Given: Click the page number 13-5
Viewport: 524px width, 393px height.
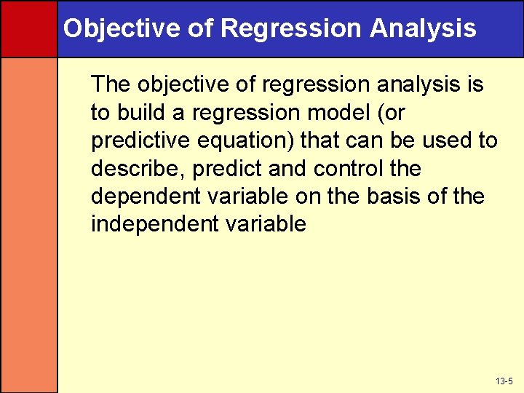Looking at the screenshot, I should point(504,381).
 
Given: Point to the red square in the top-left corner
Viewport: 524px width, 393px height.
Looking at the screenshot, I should point(28,28).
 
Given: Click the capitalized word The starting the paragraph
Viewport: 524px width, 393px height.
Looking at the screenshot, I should point(111,85).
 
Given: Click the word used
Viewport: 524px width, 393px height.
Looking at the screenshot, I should point(442,140).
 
